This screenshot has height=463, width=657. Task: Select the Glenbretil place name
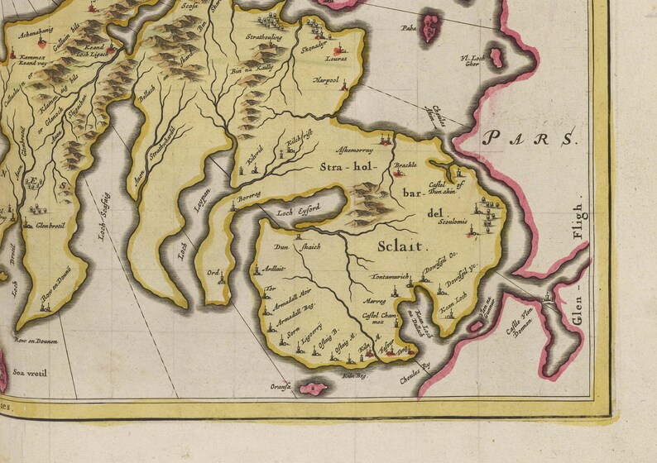pos(50,225)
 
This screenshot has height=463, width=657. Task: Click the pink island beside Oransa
pos(314,388)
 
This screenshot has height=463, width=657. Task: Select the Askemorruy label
pos(354,151)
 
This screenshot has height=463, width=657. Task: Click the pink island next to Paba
pos(429,26)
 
